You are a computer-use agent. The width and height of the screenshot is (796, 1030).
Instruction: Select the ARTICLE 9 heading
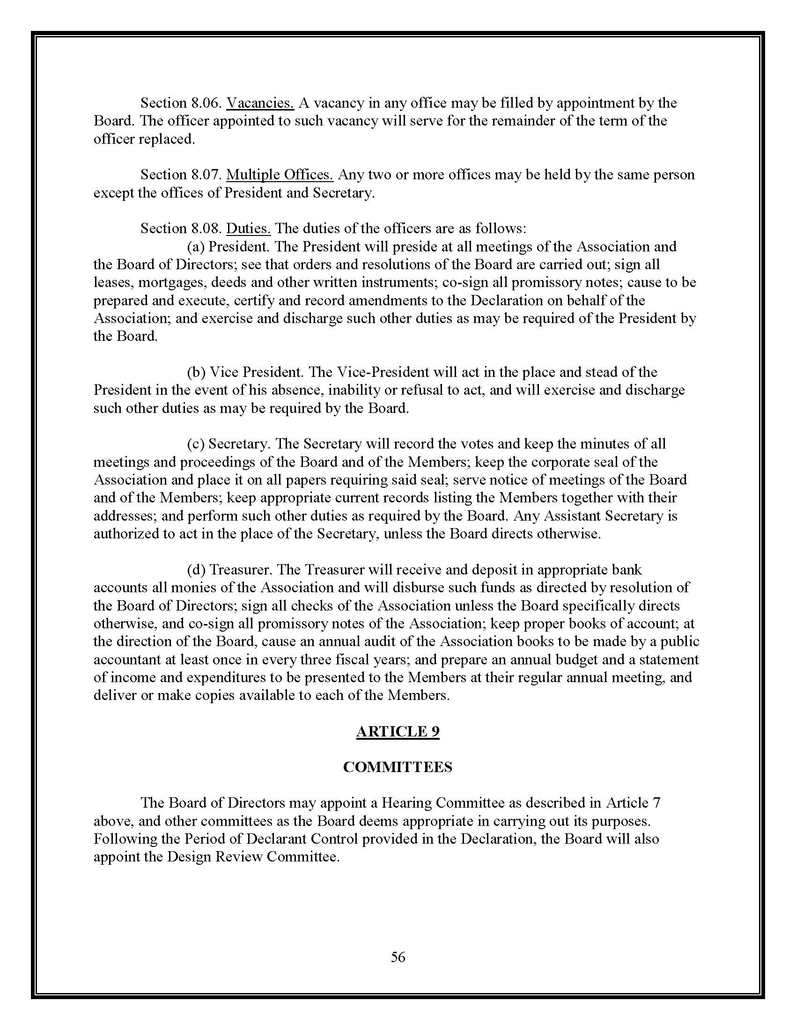(x=398, y=731)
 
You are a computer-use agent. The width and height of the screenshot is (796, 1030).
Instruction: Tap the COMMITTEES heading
(x=398, y=767)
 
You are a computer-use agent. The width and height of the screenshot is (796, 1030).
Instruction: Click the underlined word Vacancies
(x=260, y=103)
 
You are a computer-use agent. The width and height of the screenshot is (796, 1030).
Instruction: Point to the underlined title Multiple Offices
(x=280, y=175)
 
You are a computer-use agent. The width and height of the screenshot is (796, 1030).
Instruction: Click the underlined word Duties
(x=249, y=229)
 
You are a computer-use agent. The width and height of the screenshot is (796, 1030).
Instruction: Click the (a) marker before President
(x=196, y=247)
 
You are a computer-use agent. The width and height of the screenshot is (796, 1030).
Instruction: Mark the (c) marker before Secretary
(x=196, y=444)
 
